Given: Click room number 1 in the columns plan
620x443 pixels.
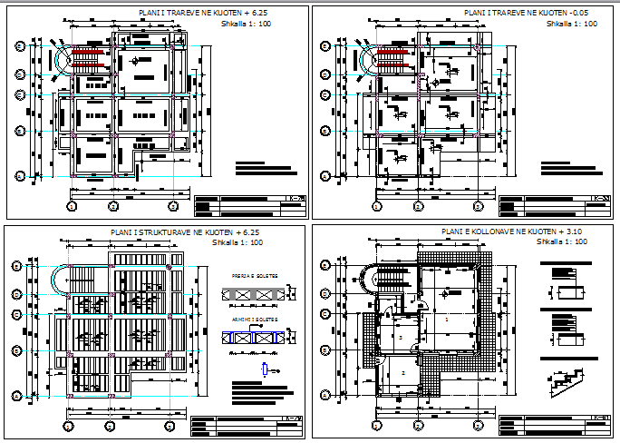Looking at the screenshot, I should pos(446,320).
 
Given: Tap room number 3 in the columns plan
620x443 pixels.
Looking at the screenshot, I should pos(400,335).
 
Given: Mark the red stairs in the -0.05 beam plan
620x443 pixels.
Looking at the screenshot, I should pos(396,63).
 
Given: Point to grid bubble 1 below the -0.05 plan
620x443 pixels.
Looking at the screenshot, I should pos(373,205).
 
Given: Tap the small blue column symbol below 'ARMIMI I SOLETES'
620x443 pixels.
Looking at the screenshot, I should pos(264,369).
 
